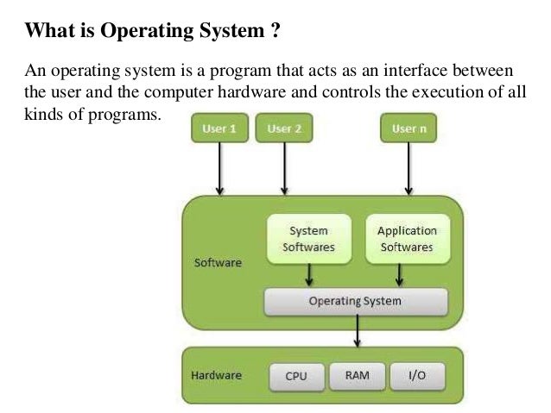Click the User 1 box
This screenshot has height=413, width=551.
[219, 129]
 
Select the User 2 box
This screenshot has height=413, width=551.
[284, 129]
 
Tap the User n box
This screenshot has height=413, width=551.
[408, 129]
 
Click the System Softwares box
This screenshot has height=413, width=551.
[308, 239]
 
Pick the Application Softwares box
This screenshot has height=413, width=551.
[407, 239]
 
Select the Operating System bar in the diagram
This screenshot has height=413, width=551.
[355, 302]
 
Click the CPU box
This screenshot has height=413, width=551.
[296, 377]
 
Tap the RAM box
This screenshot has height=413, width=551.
[358, 376]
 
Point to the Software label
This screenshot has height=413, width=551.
[218, 262]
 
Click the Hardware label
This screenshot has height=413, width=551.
[216, 376]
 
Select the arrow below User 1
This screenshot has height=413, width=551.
[220, 168]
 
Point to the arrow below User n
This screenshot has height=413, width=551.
[408, 168]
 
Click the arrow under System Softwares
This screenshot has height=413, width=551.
[309, 274]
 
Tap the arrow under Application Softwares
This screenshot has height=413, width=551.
[399, 274]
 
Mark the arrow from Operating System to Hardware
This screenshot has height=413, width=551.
[357, 331]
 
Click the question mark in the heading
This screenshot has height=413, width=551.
[275, 33]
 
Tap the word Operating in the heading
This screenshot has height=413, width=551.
[147, 33]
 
